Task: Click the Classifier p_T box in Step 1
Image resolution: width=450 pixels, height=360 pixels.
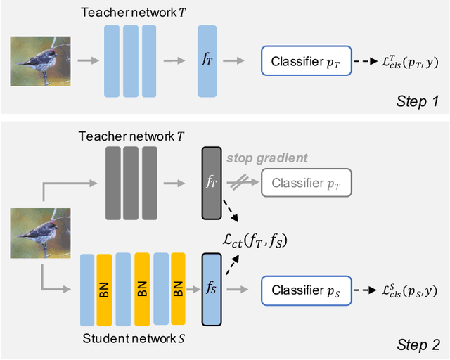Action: coord(306,60)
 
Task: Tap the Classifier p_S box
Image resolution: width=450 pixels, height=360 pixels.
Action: coord(306,289)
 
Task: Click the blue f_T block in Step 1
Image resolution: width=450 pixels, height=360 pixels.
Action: coord(207,60)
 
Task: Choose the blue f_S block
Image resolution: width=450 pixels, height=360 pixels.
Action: coord(211,289)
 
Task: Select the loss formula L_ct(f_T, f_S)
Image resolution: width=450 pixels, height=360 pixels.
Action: coord(255,241)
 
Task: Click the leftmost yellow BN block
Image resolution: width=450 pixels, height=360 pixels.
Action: coord(104,289)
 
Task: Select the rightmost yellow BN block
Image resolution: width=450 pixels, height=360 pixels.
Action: coord(179,289)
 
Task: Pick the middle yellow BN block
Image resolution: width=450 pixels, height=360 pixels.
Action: coord(141,289)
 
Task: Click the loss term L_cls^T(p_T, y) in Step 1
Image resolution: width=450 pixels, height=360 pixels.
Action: coord(407,61)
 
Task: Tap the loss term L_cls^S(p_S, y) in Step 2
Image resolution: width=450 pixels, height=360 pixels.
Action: coord(407,290)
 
